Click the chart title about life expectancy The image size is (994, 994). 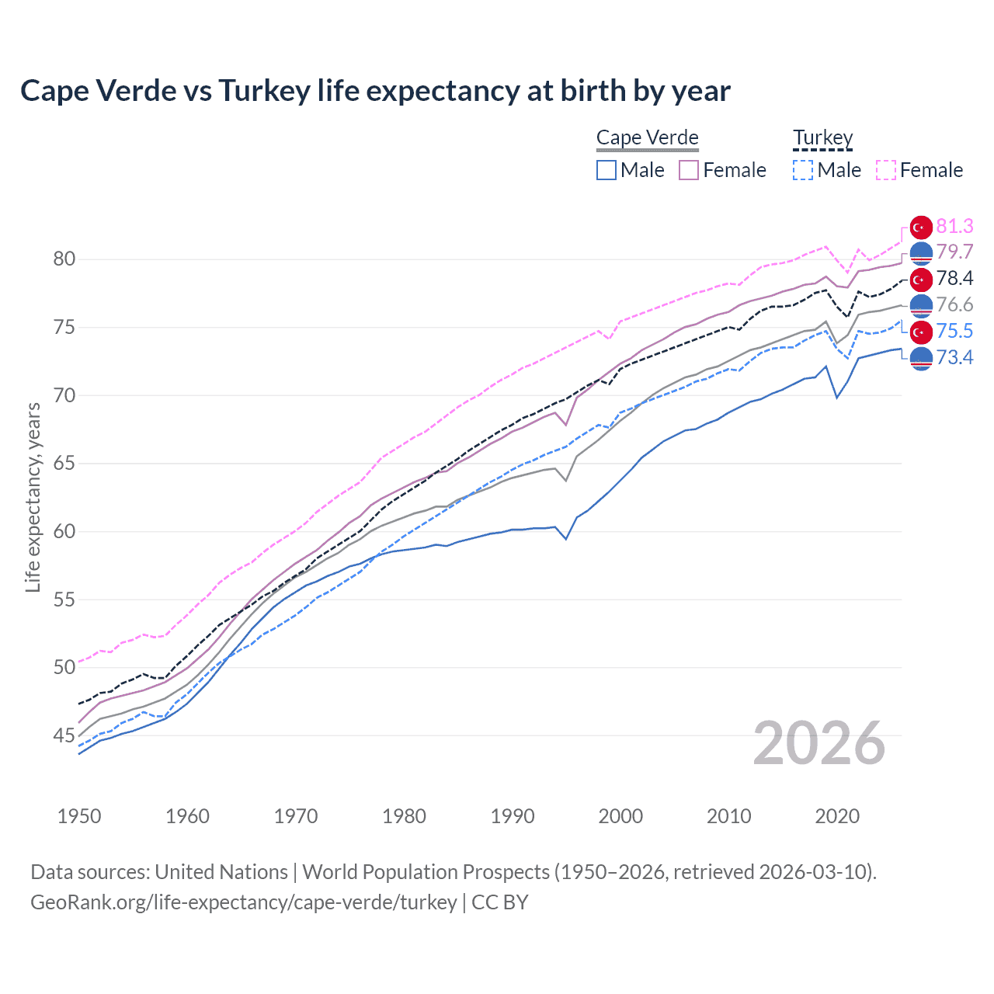[375, 91]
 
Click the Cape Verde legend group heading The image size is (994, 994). [647, 138]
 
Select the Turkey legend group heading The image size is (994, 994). [822, 138]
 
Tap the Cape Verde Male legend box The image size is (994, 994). [606, 170]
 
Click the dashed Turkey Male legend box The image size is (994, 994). [803, 170]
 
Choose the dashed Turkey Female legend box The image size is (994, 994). [886, 170]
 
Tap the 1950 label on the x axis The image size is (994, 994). [79, 816]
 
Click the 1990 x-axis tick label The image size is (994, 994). [513, 816]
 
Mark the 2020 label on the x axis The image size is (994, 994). [837, 816]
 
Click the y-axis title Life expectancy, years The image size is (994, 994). [33, 497]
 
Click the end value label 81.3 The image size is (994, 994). [954, 226]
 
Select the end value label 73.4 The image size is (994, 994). [954, 357]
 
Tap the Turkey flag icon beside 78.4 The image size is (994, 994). [921, 280]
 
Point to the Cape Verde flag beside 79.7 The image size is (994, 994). [921, 253]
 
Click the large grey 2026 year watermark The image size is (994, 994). [819, 743]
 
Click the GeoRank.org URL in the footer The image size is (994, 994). [243, 902]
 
